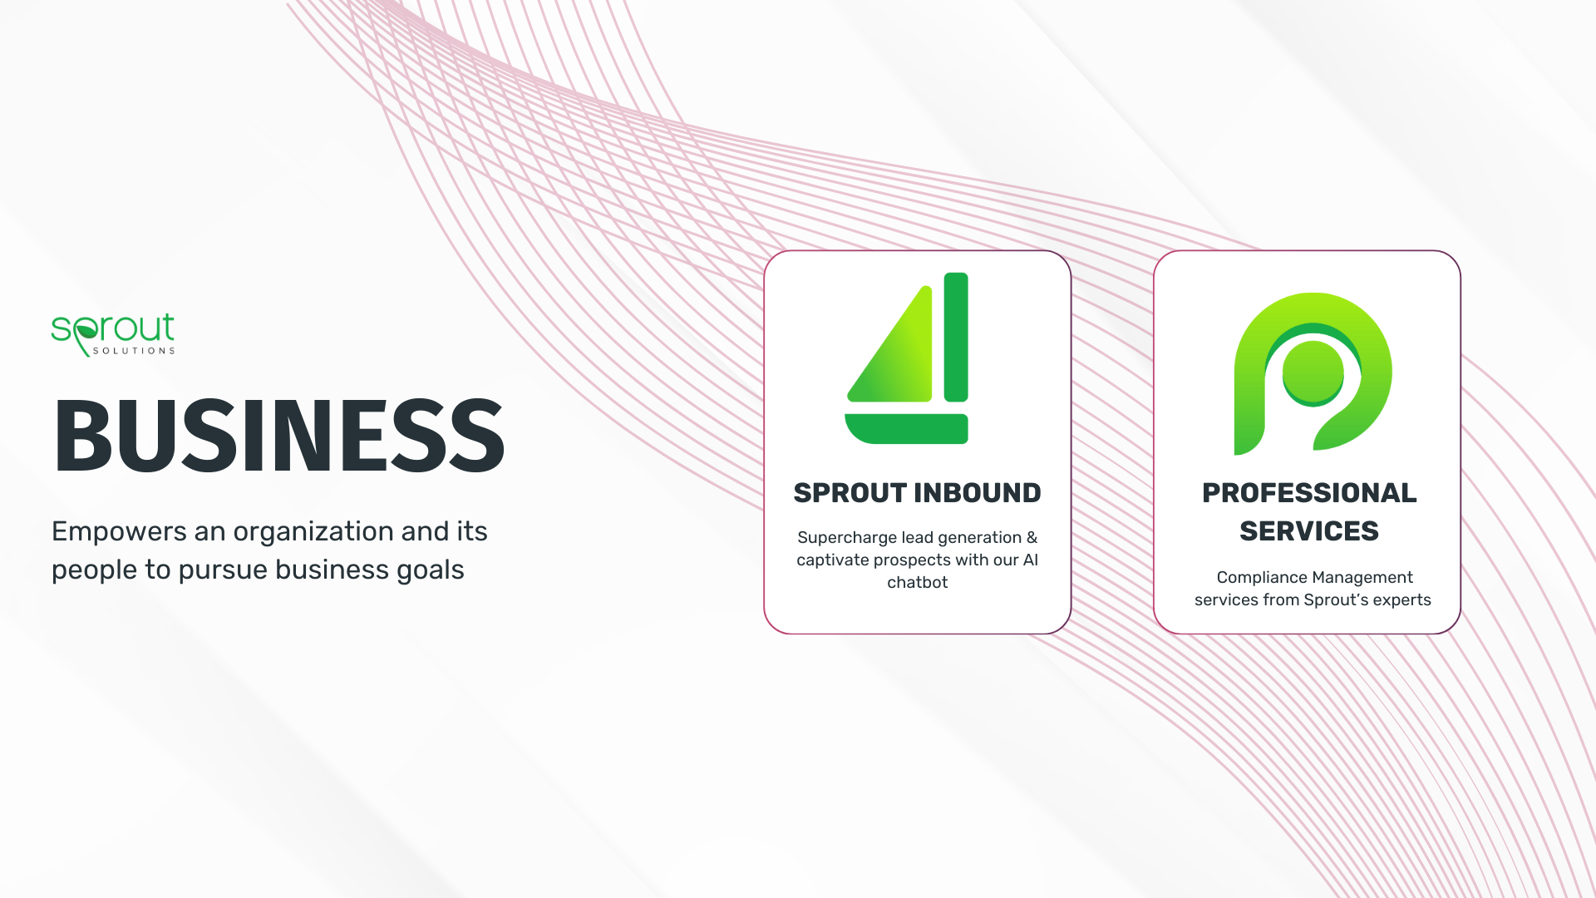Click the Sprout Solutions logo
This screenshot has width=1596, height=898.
click(113, 334)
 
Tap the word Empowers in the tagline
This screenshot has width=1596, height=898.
click(119, 531)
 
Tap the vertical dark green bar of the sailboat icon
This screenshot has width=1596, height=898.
click(956, 338)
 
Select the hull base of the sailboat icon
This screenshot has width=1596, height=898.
click(906, 428)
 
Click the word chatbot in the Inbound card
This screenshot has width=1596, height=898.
click(917, 583)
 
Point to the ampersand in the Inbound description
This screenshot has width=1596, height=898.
click(1032, 538)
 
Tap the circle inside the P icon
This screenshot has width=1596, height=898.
click(1313, 372)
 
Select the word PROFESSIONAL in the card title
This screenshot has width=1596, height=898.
click(1309, 493)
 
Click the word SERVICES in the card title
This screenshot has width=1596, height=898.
click(1309, 531)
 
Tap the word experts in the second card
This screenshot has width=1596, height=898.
click(1401, 600)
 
